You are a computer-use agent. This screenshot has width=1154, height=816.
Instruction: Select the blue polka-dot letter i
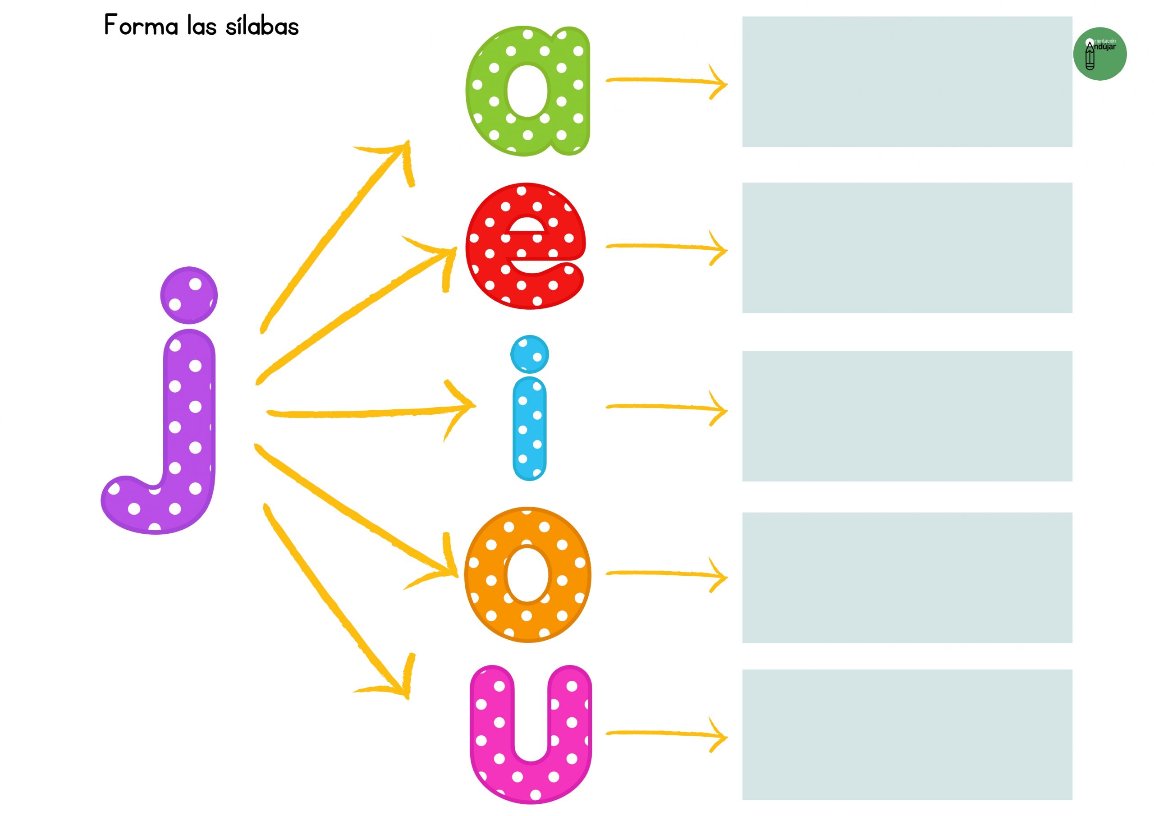[x=529, y=427]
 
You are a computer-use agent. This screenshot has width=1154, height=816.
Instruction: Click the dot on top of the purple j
[x=189, y=295]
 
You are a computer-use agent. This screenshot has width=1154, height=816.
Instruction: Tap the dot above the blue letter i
[x=529, y=354]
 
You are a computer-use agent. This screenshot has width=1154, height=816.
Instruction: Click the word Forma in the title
[x=141, y=25]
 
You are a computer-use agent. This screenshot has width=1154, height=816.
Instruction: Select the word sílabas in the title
[x=262, y=25]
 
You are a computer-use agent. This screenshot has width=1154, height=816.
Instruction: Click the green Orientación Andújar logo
[x=1100, y=54]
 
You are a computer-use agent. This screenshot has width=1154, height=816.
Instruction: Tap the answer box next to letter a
[x=907, y=82]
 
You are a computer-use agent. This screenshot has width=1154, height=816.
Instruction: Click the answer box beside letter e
[x=907, y=248]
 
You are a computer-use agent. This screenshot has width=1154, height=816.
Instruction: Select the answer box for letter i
[x=907, y=416]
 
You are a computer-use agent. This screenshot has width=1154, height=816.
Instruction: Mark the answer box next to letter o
[x=907, y=578]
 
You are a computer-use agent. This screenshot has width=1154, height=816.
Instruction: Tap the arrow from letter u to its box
[x=666, y=734]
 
